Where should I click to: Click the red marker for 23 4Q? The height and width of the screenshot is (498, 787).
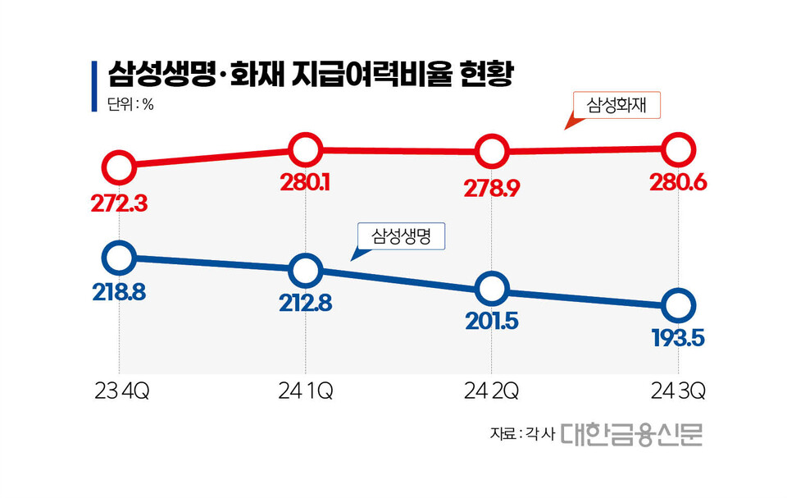point(119,167)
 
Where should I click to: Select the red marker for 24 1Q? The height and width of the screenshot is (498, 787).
point(304,149)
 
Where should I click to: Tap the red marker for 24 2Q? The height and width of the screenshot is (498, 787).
point(491,152)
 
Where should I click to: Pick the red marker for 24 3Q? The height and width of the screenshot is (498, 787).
point(678,149)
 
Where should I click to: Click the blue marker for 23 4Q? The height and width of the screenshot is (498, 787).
point(119,258)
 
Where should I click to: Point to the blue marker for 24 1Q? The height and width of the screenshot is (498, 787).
point(304,269)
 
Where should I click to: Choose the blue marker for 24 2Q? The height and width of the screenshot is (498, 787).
point(491,289)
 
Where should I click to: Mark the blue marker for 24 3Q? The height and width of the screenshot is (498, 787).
point(678,305)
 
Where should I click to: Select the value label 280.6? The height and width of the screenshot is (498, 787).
point(678,183)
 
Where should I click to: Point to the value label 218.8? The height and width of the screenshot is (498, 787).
point(118,292)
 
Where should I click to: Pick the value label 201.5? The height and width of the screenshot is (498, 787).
point(491,322)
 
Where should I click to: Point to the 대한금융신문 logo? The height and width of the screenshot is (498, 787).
point(632,435)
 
